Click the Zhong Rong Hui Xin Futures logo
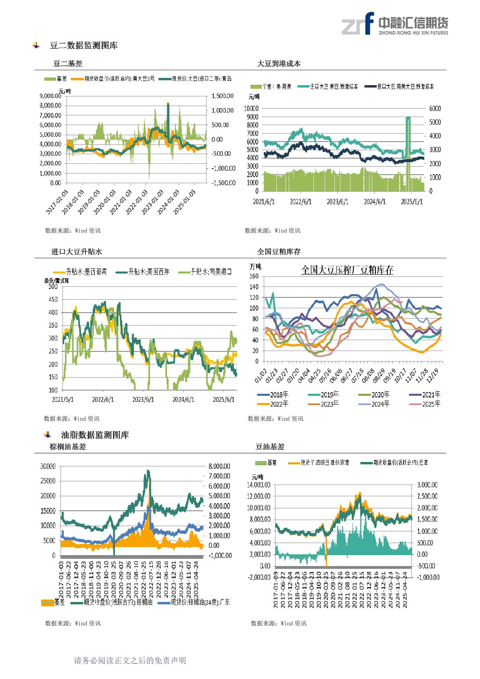click(394, 23)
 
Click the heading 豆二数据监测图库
click(83, 46)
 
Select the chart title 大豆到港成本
click(279, 64)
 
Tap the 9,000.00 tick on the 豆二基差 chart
click(50, 96)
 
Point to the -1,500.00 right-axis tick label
click(223, 183)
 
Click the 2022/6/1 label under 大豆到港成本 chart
click(301, 201)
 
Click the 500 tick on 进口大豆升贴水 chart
click(53, 286)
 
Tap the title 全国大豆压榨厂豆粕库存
click(347, 270)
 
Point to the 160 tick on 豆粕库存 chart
click(253, 276)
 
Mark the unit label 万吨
click(255, 266)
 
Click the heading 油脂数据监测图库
click(95, 435)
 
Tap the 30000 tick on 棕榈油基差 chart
click(48, 466)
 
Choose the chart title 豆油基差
click(270, 447)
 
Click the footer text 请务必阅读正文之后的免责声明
click(130, 660)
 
